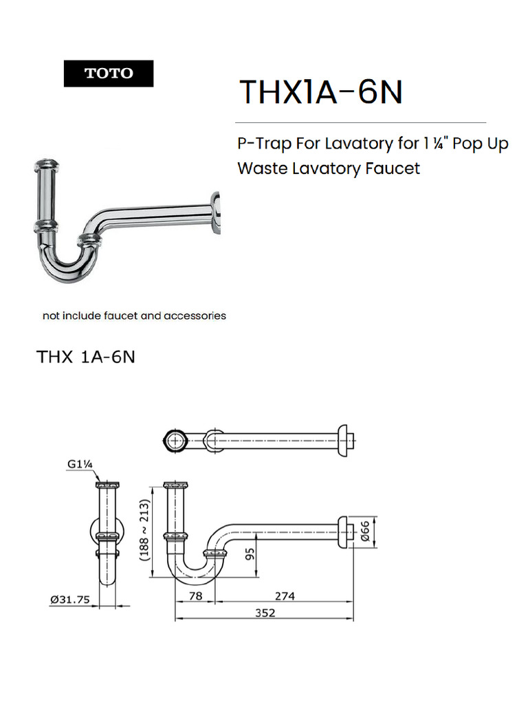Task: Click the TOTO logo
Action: click(x=109, y=74)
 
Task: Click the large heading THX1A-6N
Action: click(x=320, y=91)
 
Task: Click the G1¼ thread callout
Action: click(x=80, y=464)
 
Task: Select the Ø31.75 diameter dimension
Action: click(x=69, y=599)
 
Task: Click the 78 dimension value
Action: click(x=195, y=596)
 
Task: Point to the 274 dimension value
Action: click(x=283, y=596)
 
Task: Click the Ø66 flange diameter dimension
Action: click(x=366, y=531)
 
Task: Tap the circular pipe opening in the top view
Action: click(x=177, y=439)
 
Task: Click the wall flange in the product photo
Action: click(x=215, y=214)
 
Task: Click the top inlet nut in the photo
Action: click(x=45, y=165)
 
